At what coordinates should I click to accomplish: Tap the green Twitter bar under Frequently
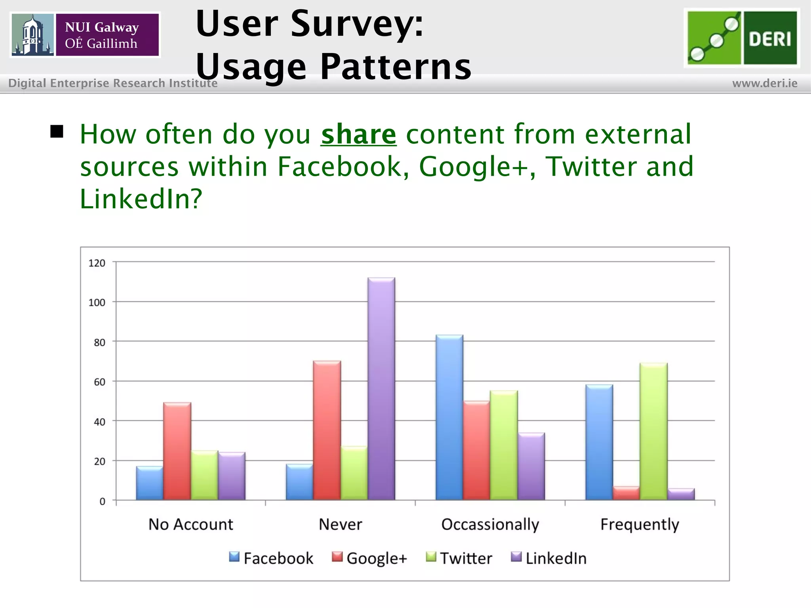pos(653,431)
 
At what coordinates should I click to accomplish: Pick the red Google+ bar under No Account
pos(177,451)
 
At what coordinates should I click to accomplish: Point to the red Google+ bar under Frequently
pos(626,493)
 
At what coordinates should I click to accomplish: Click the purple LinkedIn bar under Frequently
pos(681,494)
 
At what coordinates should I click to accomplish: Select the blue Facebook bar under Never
pos(299,482)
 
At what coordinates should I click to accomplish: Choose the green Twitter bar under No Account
pos(204,475)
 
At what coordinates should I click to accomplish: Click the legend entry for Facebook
pos(271,558)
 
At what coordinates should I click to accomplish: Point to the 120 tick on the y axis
pos(97,263)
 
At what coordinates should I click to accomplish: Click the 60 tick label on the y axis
pos(99,382)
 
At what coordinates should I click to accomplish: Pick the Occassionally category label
pos(490,524)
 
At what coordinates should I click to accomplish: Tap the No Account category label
pos(190,524)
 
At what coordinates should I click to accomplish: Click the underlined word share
pos(358,134)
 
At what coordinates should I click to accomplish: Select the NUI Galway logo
pos(85,35)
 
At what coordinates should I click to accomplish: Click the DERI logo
pos(742,38)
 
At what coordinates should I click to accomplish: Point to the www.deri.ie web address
pos(765,84)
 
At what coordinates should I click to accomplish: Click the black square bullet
pos(57,131)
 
